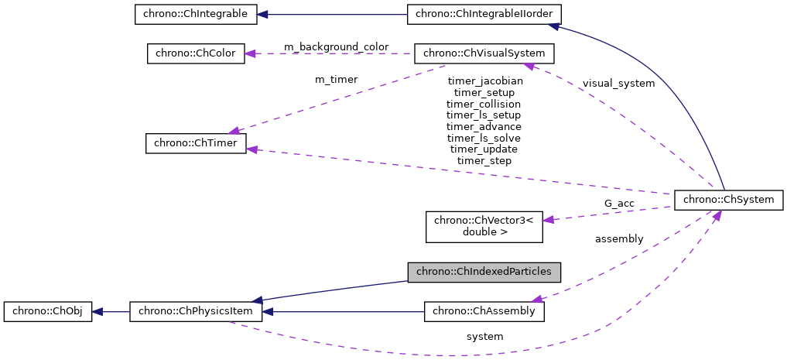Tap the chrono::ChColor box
tap(196, 53)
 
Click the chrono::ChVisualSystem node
tap(484, 53)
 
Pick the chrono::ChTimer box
tap(196, 144)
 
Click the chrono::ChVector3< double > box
tap(484, 225)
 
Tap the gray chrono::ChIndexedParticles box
tap(484, 272)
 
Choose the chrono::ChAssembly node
tap(484, 312)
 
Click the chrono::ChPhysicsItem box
tap(196, 312)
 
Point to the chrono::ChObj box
tap(48, 312)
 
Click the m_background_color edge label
tap(336, 47)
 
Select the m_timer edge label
tap(336, 79)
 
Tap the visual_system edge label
tap(618, 83)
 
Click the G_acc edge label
tap(619, 204)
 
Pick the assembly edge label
tap(618, 239)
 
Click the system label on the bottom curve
tap(484, 337)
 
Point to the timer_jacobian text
tap(484, 81)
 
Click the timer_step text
tap(484, 161)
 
